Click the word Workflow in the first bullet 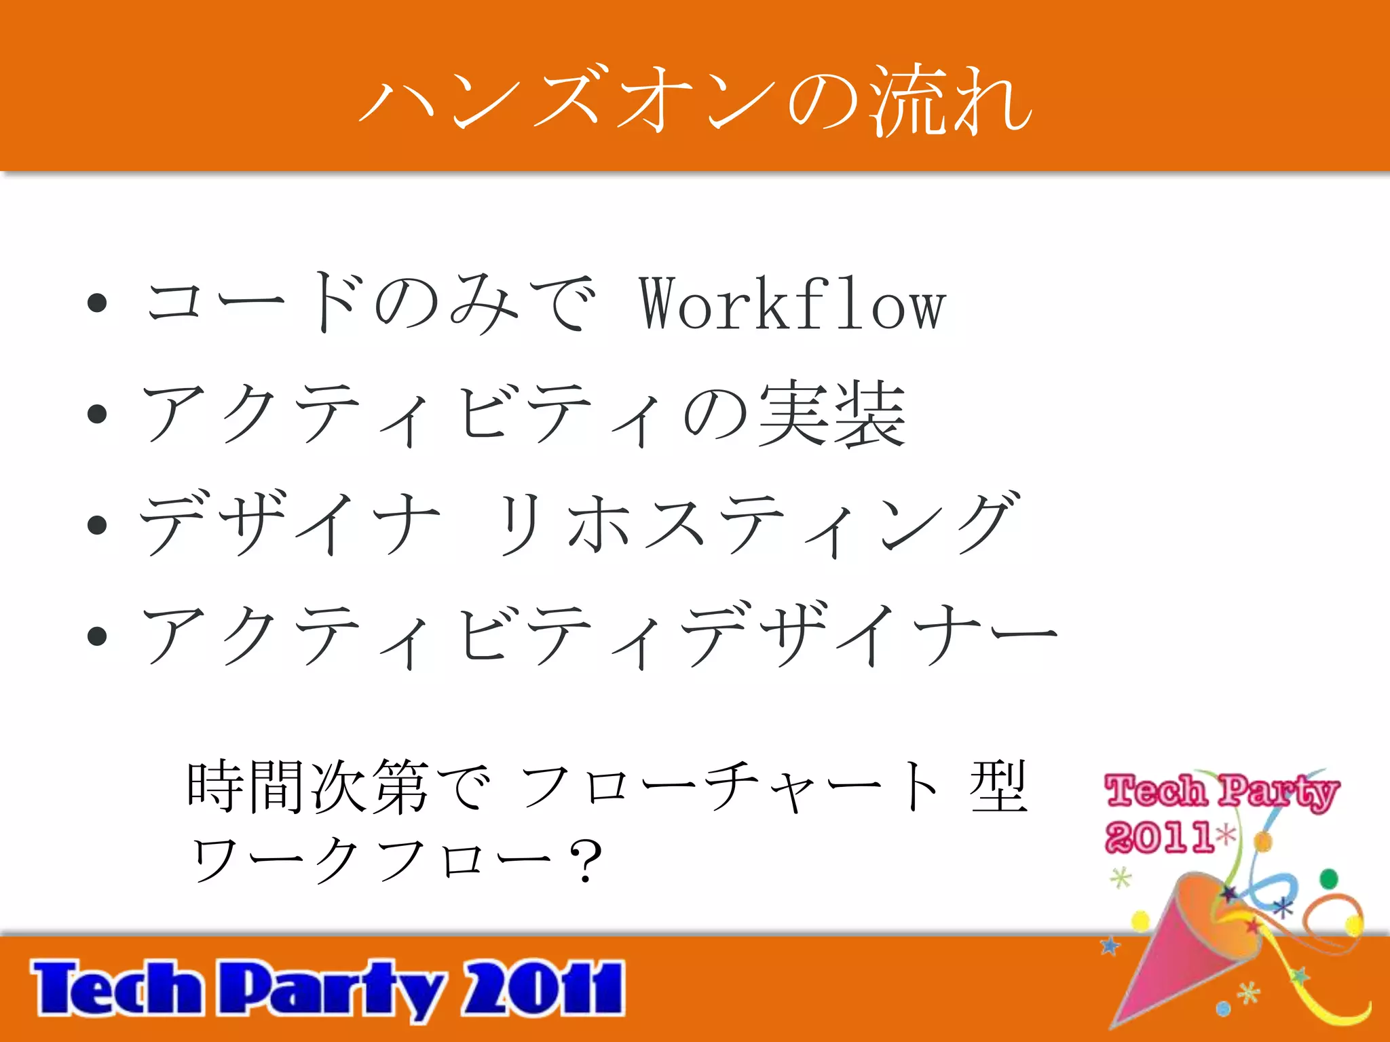point(792,305)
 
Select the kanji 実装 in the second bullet point(832,414)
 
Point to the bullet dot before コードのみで point(98,303)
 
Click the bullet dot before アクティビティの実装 point(98,414)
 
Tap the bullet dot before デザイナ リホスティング point(98,524)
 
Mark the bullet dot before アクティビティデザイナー point(98,636)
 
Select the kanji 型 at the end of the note point(998,787)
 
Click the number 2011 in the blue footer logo point(543,988)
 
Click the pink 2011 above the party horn point(1159,836)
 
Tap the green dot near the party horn point(1329,879)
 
